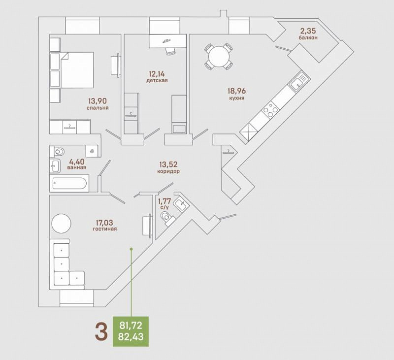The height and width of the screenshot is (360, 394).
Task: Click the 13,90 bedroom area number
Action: pos(98,101)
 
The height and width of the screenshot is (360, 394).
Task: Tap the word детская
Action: pos(157,80)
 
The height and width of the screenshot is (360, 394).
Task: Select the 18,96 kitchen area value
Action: pos(237,91)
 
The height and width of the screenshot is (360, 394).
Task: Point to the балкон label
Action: pos(308,37)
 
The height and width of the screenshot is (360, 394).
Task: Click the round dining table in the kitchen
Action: pos(219,57)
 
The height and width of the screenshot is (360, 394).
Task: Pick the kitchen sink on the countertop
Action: pos(298,82)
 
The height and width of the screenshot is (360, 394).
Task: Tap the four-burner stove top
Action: pos(270,109)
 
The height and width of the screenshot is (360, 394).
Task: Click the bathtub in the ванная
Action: pos(69,183)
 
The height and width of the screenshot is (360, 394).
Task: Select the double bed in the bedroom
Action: pos(77,70)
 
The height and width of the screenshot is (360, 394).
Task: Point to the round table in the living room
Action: pos(61,223)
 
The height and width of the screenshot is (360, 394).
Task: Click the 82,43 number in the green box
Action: pos(131,337)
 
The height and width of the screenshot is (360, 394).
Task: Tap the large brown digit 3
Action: pos(101,331)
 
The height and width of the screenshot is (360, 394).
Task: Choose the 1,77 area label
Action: pos(164,201)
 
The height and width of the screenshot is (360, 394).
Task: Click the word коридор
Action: pos(168,171)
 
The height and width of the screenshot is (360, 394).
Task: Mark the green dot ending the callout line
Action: pos(131,249)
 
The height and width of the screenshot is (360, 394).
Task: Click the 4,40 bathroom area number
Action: pos(76,162)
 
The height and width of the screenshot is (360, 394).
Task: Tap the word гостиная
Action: pos(105,229)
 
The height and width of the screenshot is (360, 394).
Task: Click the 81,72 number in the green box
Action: pos(131,326)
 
